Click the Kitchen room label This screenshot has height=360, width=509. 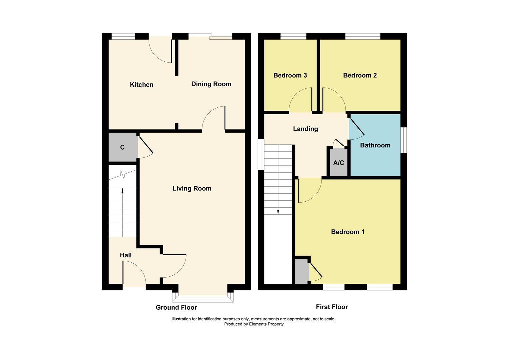142,85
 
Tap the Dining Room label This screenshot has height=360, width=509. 211,84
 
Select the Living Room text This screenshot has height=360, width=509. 192,188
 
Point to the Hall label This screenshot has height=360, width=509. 126,255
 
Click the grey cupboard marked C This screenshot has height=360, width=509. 122,147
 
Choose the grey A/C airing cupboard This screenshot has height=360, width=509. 338,163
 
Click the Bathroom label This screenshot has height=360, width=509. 375,145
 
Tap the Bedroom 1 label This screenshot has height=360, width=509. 347,232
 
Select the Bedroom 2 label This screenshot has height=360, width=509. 360,75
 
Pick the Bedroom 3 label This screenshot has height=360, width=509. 290,75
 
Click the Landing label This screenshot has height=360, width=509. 305,129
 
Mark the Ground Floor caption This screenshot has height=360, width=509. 176,307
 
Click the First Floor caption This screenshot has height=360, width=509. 332,307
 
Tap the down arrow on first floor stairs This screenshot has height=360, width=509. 278,211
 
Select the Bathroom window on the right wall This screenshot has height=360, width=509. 403,140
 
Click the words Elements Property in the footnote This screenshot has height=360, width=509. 266,324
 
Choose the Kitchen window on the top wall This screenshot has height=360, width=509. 123,36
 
